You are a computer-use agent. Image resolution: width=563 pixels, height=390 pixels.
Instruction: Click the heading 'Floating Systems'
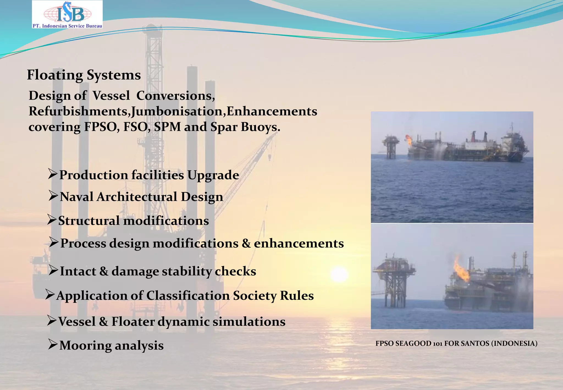click(84, 75)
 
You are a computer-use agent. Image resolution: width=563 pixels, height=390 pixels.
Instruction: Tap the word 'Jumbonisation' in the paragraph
click(176, 111)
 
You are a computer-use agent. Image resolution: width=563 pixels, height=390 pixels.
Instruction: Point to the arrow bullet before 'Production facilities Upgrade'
click(53, 174)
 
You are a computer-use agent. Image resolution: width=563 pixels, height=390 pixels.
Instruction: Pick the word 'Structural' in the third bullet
click(89, 221)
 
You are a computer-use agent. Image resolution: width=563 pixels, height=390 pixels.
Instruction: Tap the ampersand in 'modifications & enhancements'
click(246, 243)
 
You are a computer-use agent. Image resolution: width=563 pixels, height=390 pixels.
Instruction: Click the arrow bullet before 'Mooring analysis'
click(53, 344)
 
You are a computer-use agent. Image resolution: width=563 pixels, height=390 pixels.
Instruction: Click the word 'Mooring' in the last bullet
click(85, 345)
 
